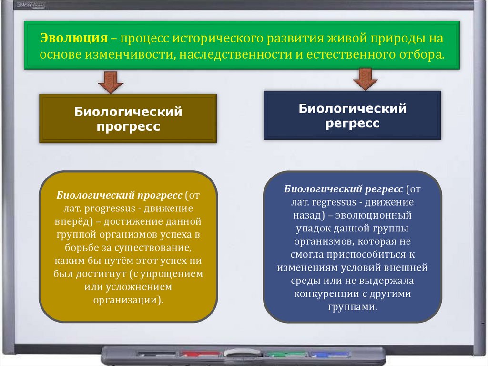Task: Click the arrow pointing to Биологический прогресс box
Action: tap(111, 82)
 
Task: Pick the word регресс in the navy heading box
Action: tap(353, 124)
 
